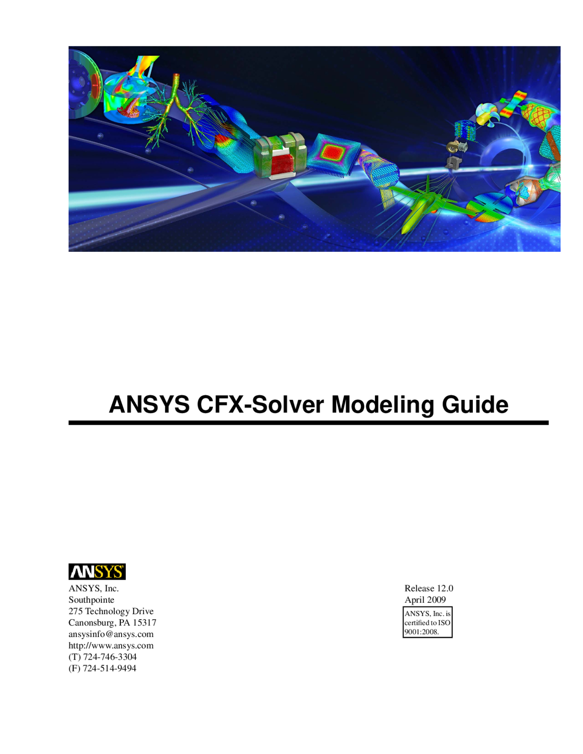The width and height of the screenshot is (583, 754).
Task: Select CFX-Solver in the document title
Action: (x=261, y=405)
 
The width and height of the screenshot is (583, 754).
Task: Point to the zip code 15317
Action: (x=144, y=623)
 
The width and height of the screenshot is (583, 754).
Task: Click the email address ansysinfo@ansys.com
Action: (x=111, y=634)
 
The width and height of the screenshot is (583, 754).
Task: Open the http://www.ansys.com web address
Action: (x=111, y=646)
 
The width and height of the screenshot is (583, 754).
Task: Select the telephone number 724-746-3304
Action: (x=110, y=657)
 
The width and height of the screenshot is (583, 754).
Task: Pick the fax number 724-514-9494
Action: (x=110, y=669)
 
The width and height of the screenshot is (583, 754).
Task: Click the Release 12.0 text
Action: (x=429, y=588)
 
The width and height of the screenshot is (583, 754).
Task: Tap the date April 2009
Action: (x=425, y=600)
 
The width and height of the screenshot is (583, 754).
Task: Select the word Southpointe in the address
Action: (x=91, y=600)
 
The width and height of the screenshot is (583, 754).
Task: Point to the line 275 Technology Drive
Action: (x=111, y=611)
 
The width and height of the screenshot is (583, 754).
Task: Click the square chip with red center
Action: (x=332, y=153)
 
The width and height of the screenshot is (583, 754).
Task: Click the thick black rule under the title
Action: (x=308, y=423)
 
